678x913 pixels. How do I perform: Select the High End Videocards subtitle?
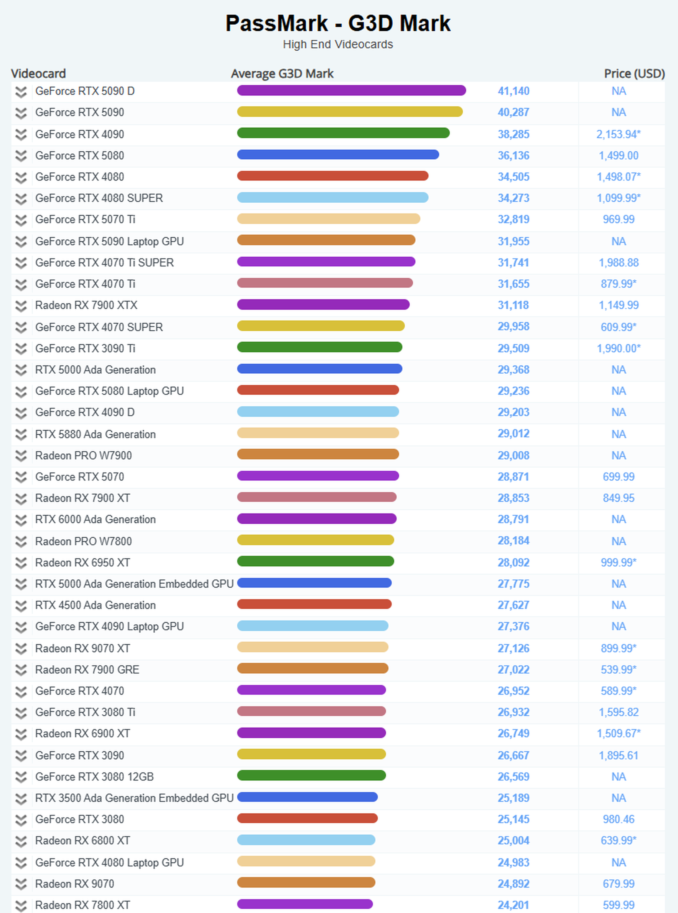338,44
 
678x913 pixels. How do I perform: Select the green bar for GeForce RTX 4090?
343,133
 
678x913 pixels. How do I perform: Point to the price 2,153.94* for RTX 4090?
618,134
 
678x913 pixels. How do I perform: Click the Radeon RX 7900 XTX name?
86,305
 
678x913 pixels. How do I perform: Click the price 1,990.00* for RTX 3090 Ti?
618,348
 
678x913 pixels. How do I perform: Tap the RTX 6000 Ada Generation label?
95,519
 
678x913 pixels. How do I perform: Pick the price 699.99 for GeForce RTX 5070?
618,477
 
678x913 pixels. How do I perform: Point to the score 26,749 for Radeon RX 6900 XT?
513,733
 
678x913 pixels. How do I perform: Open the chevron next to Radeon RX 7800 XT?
21,905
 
